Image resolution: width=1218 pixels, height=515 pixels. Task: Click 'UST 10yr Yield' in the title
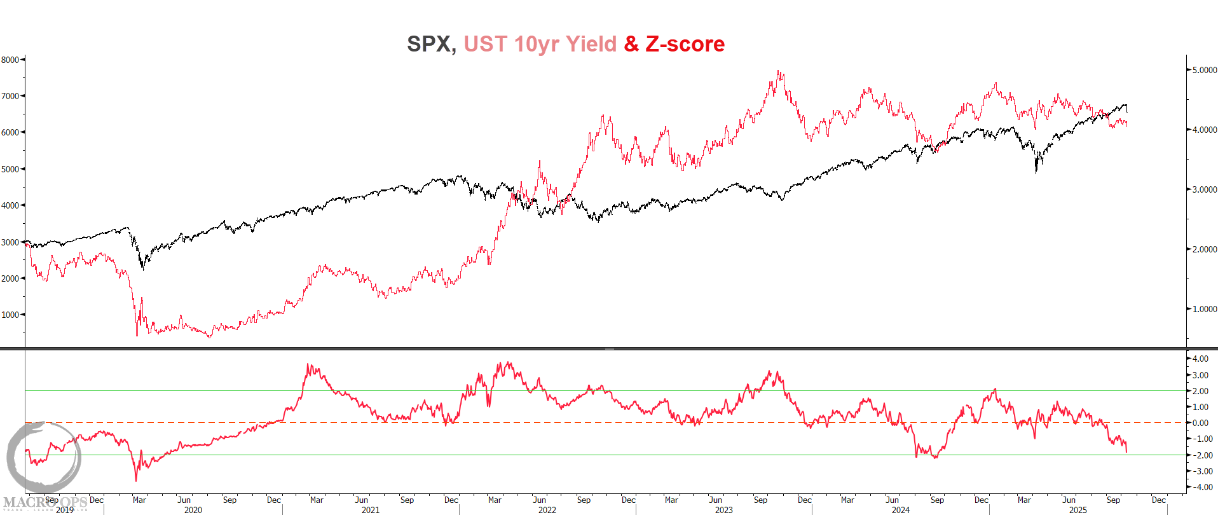[540, 44]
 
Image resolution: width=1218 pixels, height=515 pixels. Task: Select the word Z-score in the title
[685, 44]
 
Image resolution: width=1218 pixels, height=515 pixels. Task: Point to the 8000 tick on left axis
[10, 60]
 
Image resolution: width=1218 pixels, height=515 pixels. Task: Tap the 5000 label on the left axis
[10, 169]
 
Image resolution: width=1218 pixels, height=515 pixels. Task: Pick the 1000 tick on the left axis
[10, 315]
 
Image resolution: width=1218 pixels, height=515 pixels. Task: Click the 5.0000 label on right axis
[1204, 70]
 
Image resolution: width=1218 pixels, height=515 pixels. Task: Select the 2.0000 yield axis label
[1204, 249]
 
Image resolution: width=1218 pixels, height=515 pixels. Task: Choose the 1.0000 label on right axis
[1204, 309]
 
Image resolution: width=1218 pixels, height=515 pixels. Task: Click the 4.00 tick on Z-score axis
[1200, 359]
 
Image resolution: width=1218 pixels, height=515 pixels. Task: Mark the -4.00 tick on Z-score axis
[1200, 487]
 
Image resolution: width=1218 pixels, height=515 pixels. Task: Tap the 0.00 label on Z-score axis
[1200, 423]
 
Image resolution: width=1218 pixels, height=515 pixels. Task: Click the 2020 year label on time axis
[193, 510]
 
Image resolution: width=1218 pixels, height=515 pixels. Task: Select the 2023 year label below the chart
[723, 510]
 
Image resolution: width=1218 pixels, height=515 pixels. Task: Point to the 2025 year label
[1078, 510]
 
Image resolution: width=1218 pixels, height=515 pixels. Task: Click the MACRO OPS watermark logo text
[44, 503]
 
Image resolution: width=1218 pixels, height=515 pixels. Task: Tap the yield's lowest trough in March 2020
[137, 335]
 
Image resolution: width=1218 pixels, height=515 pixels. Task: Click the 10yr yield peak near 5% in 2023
[779, 71]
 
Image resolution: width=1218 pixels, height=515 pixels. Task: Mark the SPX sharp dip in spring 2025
[1036, 172]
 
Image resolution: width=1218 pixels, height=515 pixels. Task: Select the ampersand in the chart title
[631, 44]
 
